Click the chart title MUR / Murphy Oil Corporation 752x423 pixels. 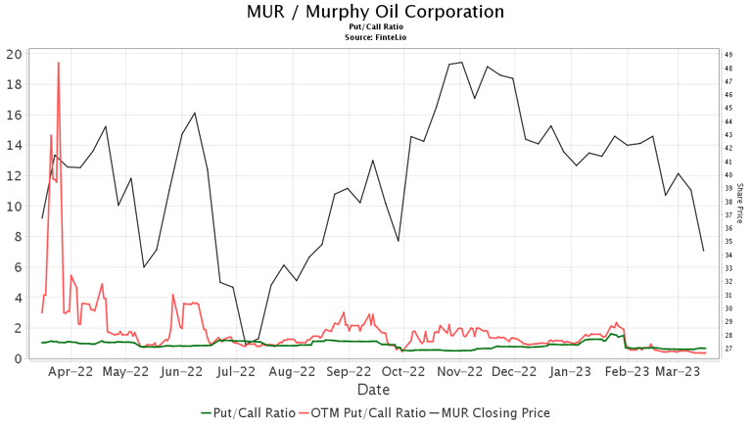coord(376,12)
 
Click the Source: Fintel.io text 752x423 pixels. coord(376,37)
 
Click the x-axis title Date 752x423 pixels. coord(373,390)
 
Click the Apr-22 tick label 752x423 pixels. coord(70,372)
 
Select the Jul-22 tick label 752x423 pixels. coord(236,372)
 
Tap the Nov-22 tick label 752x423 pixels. coord(460,372)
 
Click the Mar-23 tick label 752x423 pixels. coord(678,372)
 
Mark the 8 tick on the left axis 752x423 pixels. coord(16,236)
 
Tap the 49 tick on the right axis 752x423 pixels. coord(728,55)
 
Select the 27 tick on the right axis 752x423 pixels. coord(728,349)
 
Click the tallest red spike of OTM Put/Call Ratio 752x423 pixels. coord(59,63)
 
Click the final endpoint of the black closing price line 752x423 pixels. coord(704,252)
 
